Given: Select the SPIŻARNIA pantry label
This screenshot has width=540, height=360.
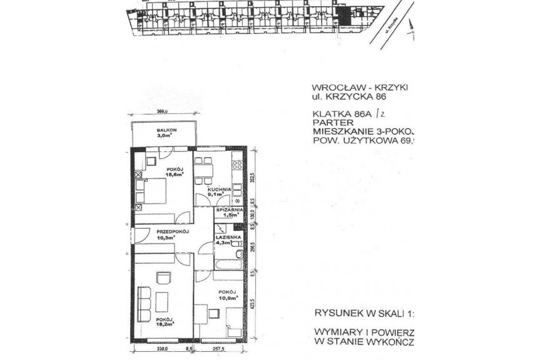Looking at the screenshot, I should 230,210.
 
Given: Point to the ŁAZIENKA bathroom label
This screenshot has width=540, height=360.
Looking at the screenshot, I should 225,239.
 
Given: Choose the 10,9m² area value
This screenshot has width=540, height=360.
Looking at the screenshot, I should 228,298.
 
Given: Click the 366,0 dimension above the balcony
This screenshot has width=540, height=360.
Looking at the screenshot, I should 164,113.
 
